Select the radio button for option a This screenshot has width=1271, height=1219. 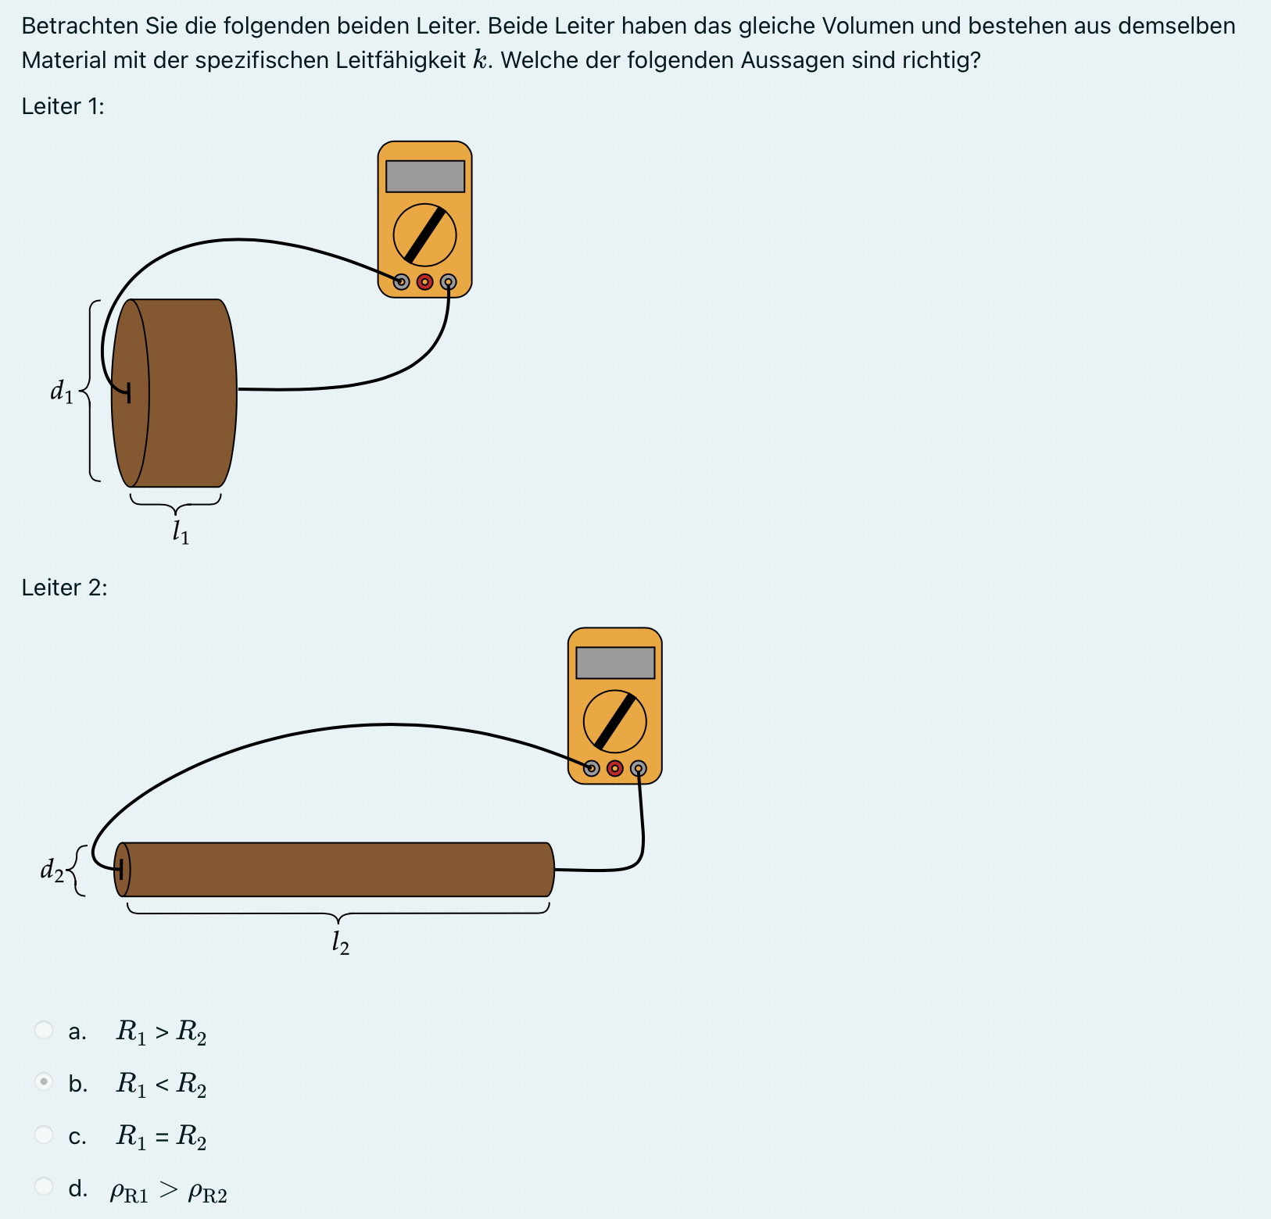[x=45, y=1030]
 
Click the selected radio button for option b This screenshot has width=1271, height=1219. [x=45, y=1082]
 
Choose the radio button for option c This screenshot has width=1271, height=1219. [x=45, y=1134]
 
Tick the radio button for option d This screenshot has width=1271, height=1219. [x=45, y=1186]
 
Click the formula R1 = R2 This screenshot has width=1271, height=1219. [x=161, y=1135]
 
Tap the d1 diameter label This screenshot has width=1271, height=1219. [x=62, y=391]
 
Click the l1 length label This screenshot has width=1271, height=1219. [x=181, y=533]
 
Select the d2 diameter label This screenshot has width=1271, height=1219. [x=52, y=870]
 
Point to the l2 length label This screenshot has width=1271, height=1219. [x=340, y=943]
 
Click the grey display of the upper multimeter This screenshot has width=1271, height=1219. [x=425, y=177]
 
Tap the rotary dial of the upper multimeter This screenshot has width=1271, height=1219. [x=424, y=234]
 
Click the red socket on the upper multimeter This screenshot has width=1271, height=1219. [x=424, y=282]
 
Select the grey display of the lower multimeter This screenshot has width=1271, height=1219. [x=615, y=663]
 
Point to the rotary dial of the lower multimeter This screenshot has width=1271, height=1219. [x=615, y=721]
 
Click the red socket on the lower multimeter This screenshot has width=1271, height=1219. [x=615, y=769]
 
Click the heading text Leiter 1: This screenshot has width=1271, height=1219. [x=63, y=106]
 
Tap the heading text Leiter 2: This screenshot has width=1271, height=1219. [x=64, y=588]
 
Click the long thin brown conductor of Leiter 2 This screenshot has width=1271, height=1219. [x=336, y=870]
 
